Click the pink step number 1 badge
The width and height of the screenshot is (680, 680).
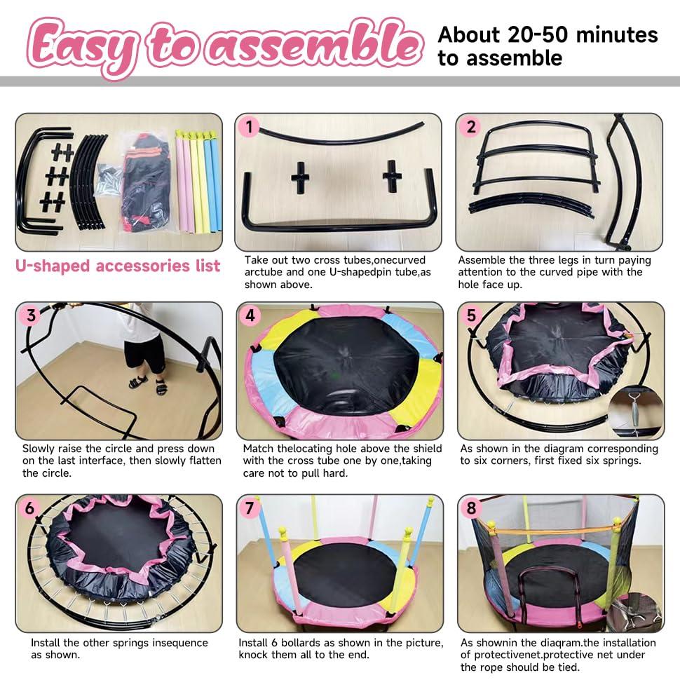pyautogui.click(x=248, y=127)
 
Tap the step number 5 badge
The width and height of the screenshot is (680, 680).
pyautogui.click(x=471, y=315)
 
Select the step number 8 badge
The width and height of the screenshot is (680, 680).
pyautogui.click(x=471, y=508)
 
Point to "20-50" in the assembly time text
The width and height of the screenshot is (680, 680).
pyautogui.click(x=538, y=34)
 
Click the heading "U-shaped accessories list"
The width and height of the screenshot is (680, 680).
pyautogui.click(x=118, y=266)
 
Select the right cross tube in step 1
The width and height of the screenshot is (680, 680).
pyautogui.click(x=392, y=176)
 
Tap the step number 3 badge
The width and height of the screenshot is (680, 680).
pyautogui.click(x=30, y=315)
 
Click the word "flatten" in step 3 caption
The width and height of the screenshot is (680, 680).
pyautogui.click(x=202, y=461)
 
